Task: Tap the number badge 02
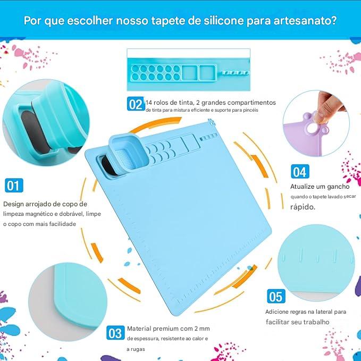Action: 136,104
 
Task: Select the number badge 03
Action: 115,333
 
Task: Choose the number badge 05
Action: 275,296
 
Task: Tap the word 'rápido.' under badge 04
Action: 303,207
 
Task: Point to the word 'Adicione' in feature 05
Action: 278,312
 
